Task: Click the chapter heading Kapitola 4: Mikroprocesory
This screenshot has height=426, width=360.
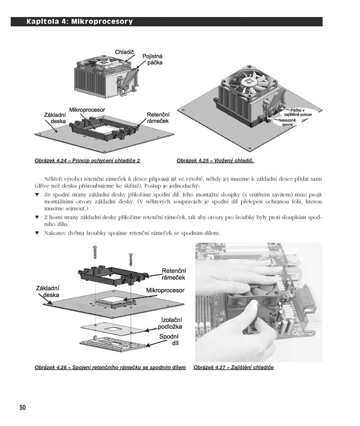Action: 79,22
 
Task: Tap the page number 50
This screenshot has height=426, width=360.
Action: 23,407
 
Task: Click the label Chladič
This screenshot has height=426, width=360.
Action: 124,52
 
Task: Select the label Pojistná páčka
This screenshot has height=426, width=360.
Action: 153,59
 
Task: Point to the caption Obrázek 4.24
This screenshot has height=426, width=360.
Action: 50,161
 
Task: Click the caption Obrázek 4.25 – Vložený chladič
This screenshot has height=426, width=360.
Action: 215,161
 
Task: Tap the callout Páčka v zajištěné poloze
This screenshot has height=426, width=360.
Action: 299,113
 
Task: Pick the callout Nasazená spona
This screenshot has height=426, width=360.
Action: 287,122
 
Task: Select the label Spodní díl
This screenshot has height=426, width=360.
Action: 169,340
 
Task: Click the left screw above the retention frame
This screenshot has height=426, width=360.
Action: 95,252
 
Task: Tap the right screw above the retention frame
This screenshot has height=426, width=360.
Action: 131,259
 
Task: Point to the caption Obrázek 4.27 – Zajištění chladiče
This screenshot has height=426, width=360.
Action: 233,367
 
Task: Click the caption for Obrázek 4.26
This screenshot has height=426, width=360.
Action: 110,367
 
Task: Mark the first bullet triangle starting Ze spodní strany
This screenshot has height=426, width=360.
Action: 37,194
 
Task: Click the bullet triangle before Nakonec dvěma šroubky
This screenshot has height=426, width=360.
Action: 37,233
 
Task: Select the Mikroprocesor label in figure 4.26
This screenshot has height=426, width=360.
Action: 165,290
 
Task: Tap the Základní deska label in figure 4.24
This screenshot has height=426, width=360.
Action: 55,118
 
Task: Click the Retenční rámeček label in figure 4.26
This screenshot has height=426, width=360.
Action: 174,274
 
